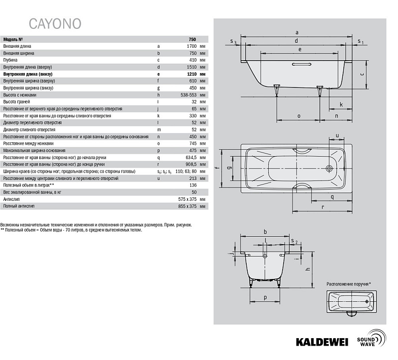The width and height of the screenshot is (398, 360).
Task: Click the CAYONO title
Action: tap(55, 24)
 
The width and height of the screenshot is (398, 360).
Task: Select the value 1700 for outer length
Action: tap(192, 46)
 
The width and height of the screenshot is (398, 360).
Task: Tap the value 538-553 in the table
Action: tap(189, 95)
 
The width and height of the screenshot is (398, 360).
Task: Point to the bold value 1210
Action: tap(192, 74)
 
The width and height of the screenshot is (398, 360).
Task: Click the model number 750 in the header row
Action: tap(193, 39)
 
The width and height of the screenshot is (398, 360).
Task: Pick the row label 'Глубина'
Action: tap(10, 60)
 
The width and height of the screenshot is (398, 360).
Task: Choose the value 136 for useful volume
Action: tap(193, 185)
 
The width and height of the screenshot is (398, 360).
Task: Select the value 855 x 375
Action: tap(188, 206)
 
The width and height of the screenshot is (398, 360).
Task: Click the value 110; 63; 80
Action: tap(186, 171)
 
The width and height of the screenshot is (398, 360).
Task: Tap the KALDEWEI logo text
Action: tap(322, 342)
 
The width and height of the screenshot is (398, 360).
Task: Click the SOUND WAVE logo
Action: tap(372, 339)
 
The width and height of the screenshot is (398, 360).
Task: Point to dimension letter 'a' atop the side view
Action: tap(297, 32)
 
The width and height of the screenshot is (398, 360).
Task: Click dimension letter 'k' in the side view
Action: tap(341, 104)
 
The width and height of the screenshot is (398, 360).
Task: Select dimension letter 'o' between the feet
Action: tap(299, 116)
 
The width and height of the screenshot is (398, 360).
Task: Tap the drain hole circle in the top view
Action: tap(329, 168)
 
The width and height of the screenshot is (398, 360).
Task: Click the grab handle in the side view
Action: tap(301, 64)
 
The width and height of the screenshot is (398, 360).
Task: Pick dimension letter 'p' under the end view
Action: tap(265, 298)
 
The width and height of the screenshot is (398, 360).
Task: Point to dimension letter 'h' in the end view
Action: tap(308, 269)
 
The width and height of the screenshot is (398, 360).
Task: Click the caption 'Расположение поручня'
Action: tap(347, 284)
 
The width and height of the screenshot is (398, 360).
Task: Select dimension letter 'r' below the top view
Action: tap(323, 207)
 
